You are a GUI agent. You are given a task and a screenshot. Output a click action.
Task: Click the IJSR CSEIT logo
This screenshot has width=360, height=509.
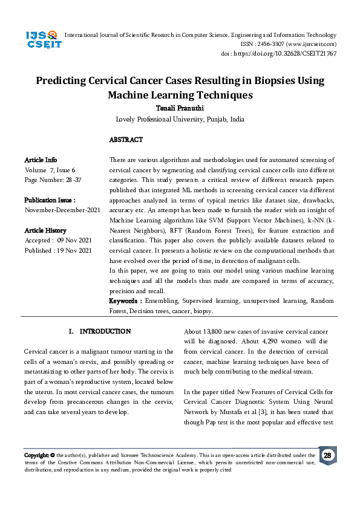coord(41,42)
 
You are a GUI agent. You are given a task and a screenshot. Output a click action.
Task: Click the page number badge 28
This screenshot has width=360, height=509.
coord(327,455)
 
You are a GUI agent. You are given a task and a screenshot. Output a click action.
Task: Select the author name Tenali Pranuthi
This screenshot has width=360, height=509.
coord(180,108)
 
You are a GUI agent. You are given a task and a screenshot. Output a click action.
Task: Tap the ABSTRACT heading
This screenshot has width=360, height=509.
coord(126,140)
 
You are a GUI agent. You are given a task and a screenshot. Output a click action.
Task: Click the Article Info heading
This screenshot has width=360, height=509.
coord(41,160)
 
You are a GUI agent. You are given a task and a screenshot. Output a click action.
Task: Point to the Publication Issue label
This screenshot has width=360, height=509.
coord(50,199)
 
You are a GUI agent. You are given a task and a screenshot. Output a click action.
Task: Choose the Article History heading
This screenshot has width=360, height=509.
coord(45,230)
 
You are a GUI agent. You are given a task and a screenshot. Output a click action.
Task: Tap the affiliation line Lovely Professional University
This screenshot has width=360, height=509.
coord(180,119)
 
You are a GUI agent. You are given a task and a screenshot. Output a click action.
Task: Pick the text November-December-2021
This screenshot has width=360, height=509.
coord(62,210)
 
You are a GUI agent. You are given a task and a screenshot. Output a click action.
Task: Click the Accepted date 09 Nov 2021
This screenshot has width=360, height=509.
coord(58,241)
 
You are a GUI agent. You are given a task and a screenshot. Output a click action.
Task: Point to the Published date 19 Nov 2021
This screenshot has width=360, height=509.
coord(58,250)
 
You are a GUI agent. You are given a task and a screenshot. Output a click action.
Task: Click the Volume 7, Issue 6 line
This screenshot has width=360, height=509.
coord(50,170)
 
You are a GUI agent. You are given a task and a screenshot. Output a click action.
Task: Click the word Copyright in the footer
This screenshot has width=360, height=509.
coord(36,455)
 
